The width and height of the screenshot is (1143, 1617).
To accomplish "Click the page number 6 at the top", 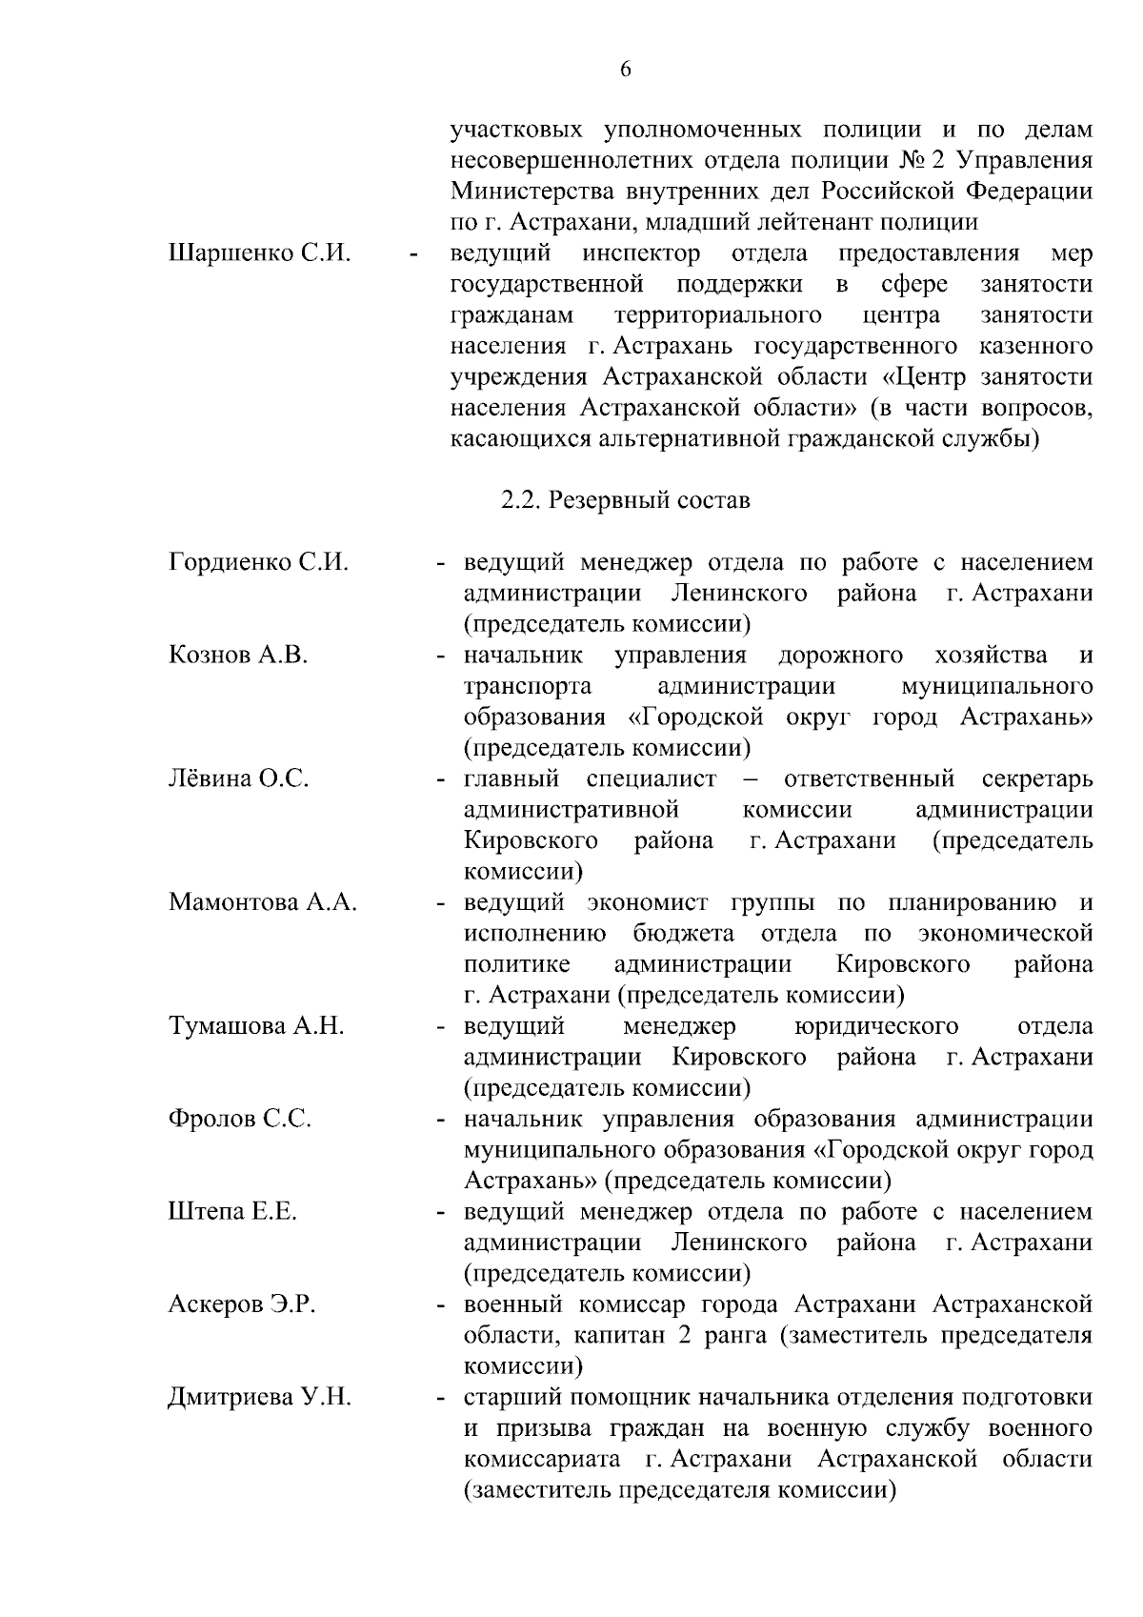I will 626,70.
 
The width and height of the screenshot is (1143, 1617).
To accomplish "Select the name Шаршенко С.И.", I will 260,254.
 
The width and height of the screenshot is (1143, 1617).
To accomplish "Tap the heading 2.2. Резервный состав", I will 626,500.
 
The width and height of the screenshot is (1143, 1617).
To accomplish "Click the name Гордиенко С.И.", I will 258,562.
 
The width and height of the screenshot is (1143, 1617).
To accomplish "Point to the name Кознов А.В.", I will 238,656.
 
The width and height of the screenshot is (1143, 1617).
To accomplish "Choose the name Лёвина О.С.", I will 238,779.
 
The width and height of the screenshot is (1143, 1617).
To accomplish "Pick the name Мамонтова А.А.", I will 262,902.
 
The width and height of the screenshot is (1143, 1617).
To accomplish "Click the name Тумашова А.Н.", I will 256,1026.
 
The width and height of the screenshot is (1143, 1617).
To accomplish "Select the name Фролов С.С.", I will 240,1120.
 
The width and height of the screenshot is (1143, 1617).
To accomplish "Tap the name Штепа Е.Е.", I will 232,1212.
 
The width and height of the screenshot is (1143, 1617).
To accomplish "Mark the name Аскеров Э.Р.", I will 242,1304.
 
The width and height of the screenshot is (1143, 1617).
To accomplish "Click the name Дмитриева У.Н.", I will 259,1398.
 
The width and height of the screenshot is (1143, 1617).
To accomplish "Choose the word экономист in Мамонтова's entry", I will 648,902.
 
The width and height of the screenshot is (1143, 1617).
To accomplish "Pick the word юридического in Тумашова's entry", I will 875,1026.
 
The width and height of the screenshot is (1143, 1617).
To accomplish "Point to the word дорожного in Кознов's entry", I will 841,656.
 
